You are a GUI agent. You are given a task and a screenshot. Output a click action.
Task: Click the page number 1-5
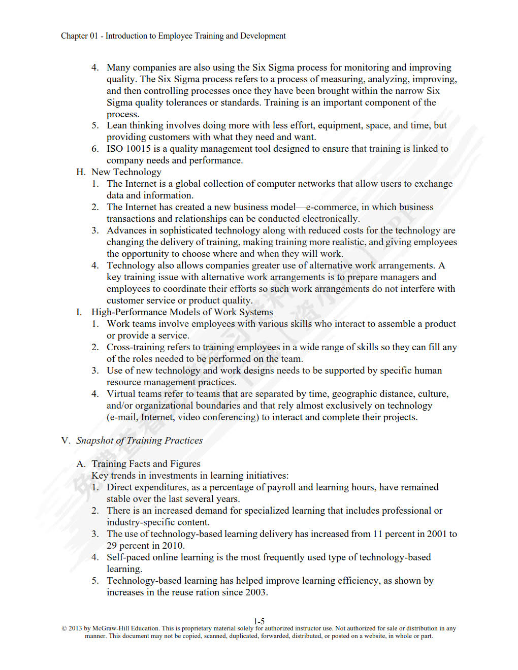pyautogui.click(x=259, y=621)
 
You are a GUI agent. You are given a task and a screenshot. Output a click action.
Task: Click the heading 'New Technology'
pyautogui.click(x=126, y=172)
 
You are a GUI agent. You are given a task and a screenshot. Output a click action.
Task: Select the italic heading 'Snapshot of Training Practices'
pyautogui.click(x=139, y=441)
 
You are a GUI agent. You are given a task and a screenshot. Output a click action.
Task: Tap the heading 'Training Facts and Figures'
pyautogui.click(x=146, y=464)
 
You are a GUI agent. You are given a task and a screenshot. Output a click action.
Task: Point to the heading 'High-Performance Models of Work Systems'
pyautogui.click(x=182, y=312)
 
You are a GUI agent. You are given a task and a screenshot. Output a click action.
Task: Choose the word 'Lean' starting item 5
pyautogui.click(x=116, y=125)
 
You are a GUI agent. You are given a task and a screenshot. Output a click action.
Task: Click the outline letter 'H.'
pyautogui.click(x=81, y=172)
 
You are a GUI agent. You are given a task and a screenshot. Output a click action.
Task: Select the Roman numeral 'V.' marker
pyautogui.click(x=66, y=441)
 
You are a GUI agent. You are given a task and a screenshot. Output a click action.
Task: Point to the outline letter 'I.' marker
pyautogui.click(x=79, y=312)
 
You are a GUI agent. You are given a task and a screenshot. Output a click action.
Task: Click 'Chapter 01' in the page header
pyautogui.click(x=79, y=36)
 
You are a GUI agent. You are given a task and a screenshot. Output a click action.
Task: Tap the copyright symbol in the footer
pyautogui.click(x=64, y=628)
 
